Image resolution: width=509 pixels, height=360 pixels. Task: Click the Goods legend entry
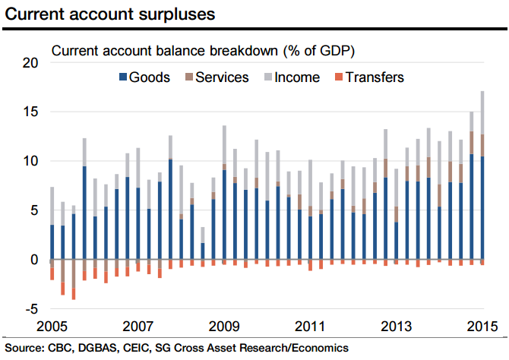(150, 77)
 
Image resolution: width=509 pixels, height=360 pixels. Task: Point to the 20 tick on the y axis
(29, 63)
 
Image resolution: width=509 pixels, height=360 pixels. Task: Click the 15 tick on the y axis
(29, 112)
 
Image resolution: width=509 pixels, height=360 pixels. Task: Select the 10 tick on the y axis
(29, 161)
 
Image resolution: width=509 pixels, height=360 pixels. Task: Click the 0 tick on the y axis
(32, 259)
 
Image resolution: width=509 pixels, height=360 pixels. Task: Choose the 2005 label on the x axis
(51, 327)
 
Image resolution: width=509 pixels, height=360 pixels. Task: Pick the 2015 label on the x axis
(482, 327)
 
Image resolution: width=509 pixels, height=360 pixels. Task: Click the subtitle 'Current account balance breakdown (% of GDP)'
(203, 51)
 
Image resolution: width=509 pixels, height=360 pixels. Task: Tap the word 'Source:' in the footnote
(25, 348)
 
